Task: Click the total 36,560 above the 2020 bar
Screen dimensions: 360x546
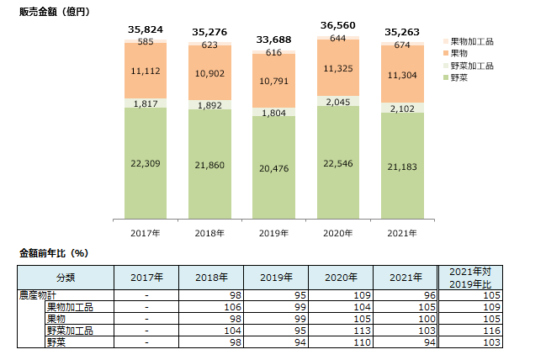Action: (x=338, y=26)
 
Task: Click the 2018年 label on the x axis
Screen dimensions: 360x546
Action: (x=210, y=232)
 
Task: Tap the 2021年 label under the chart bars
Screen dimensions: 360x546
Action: (x=402, y=232)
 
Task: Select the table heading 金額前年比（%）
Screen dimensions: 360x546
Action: (x=54, y=252)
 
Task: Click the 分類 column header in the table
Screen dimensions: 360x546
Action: (x=66, y=278)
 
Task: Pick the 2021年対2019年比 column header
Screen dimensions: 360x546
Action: (x=475, y=278)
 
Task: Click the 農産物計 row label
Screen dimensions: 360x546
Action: (x=39, y=295)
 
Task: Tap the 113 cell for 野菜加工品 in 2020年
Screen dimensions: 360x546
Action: (x=360, y=331)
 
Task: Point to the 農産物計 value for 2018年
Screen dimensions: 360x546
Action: (x=236, y=295)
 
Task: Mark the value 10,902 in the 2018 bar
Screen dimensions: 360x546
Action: (x=210, y=74)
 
